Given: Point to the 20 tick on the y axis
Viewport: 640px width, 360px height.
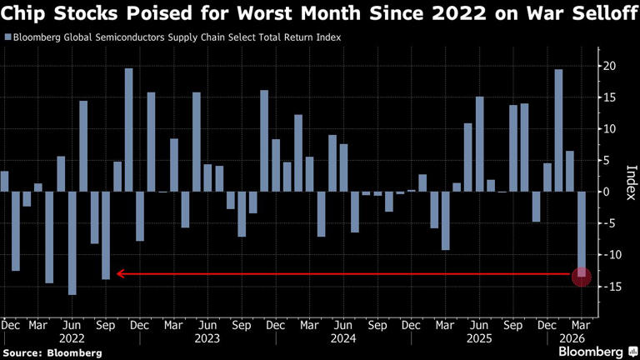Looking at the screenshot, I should click(611, 67).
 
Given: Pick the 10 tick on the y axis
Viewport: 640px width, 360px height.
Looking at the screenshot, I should click(611, 129).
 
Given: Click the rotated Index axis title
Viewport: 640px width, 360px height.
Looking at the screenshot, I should click(630, 177).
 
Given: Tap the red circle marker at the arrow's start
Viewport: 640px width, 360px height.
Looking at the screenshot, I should click(582, 275).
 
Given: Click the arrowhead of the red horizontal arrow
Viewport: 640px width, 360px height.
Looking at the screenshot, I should click(120, 273).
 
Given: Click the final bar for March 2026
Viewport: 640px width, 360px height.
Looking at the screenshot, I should click(582, 233).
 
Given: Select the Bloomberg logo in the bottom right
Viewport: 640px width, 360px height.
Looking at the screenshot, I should click(590, 351).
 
